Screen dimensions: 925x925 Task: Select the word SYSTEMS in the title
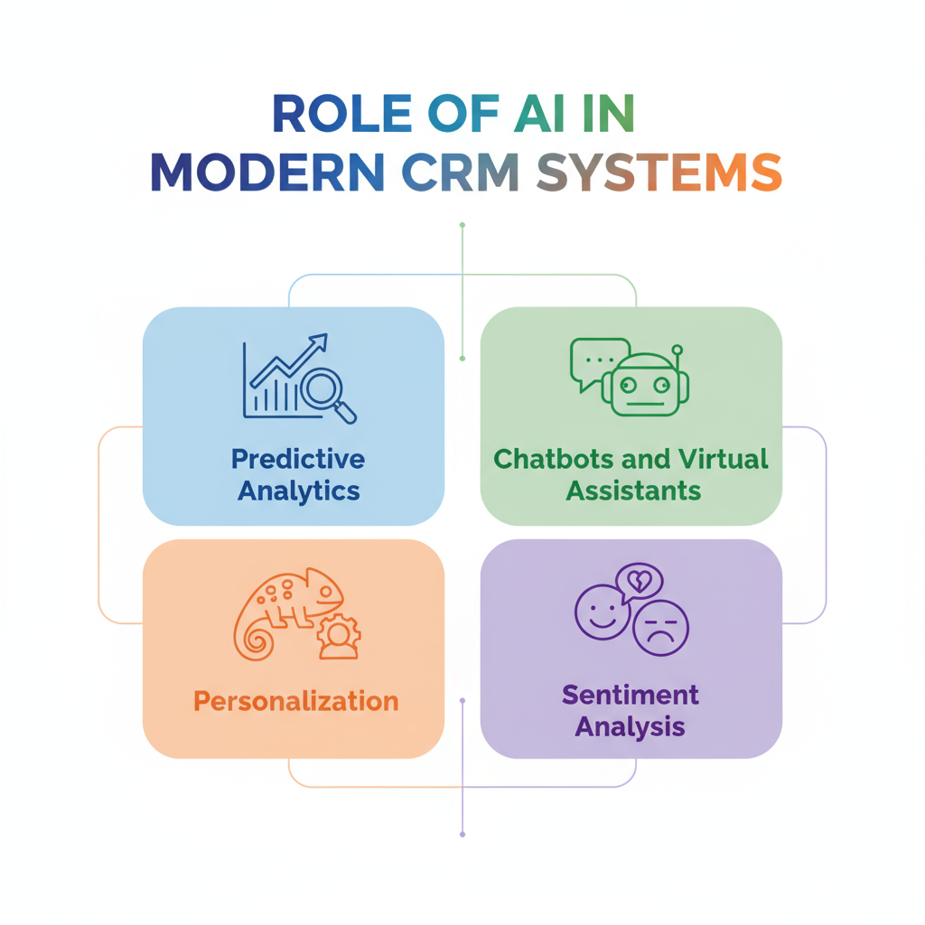tap(658, 172)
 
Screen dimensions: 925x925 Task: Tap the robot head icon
tap(644, 385)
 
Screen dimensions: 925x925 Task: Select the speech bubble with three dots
tap(597, 360)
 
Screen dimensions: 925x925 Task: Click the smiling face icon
tap(602, 612)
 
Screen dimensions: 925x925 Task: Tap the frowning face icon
tap(660, 627)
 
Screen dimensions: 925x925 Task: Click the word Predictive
tap(298, 459)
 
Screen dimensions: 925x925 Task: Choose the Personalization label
tap(296, 701)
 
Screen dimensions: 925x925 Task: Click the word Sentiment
tap(631, 695)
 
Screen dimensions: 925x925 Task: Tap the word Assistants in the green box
tap(632, 491)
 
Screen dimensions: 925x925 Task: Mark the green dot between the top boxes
tap(462, 359)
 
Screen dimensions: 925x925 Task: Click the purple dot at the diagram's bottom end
tap(462, 834)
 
